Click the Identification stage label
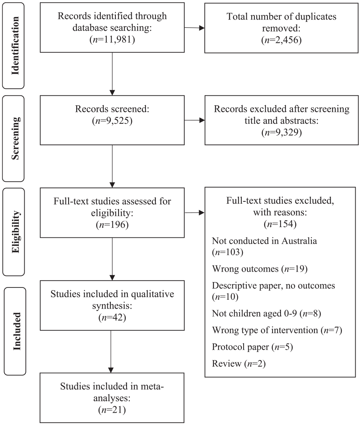pyautogui.click(x=15, y=45)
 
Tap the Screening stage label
pyautogui.click(x=15, y=138)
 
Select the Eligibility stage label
pyautogui.click(x=15, y=232)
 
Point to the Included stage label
pyautogui.click(x=17, y=331)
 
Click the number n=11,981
pyautogui.click(x=112, y=40)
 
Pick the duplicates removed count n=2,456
pyautogui.click(x=281, y=40)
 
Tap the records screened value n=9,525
pyautogui.click(x=112, y=121)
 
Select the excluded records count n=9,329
pyautogui.click(x=281, y=132)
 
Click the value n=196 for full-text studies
pyautogui.click(x=112, y=225)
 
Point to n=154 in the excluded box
pyautogui.click(x=280, y=224)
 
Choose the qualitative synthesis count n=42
pyautogui.click(x=112, y=317)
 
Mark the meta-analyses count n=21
pyautogui.click(x=112, y=410)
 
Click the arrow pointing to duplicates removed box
pyautogui.click(x=194, y=28)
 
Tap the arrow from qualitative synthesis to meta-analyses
pyautogui.click(x=111, y=352)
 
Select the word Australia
pyautogui.click(x=299, y=241)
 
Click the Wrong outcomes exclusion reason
pyautogui.click(x=260, y=269)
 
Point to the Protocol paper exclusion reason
pyautogui.click(x=252, y=347)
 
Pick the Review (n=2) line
pyautogui.click(x=239, y=364)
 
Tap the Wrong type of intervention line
pyautogui.click(x=277, y=330)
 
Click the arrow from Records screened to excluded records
pyautogui.click(x=194, y=120)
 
